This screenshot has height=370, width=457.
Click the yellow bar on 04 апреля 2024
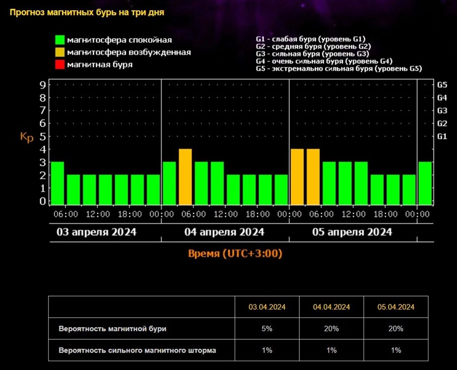click(185, 177)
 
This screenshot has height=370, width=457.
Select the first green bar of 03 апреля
click(58, 183)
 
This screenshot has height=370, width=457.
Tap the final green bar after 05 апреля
click(425, 183)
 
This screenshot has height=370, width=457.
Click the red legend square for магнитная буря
click(60, 65)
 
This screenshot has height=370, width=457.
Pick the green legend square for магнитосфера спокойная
click(60, 40)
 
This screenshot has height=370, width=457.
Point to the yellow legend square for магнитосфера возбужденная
click(60, 52)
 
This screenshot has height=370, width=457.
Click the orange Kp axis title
click(27, 137)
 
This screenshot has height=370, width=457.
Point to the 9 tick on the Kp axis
click(43, 85)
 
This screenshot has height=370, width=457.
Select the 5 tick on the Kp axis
click(43, 136)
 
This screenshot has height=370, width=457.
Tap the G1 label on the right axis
click(442, 136)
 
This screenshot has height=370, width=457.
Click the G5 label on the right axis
click(442, 85)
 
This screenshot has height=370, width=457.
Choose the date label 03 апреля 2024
click(96, 232)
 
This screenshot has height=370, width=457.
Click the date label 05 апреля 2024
click(352, 232)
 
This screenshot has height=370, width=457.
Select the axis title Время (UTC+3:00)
click(235, 253)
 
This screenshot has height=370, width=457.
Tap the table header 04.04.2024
click(331, 307)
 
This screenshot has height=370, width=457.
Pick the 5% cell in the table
click(267, 329)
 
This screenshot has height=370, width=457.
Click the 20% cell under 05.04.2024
click(396, 329)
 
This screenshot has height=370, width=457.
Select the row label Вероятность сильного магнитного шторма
click(137, 350)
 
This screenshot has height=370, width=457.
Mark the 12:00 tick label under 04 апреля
click(226, 214)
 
